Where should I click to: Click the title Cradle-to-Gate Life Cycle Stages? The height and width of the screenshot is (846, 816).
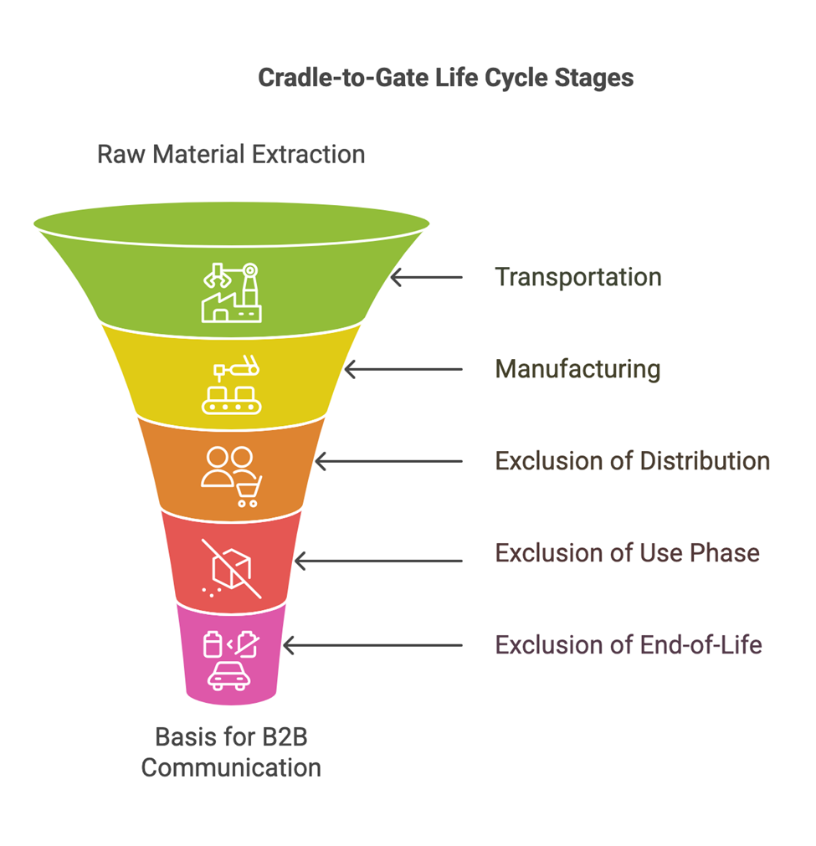click(445, 78)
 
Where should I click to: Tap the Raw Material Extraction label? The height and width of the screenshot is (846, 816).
click(231, 155)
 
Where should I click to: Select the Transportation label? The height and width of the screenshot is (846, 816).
click(577, 277)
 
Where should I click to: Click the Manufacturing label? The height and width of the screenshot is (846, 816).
click(577, 369)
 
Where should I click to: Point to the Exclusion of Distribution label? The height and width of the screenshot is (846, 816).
click(632, 461)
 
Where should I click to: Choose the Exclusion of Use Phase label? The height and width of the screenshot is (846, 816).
click(627, 553)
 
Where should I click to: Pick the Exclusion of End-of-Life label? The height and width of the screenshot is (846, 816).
click(629, 645)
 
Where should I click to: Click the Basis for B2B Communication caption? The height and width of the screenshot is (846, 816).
click(231, 752)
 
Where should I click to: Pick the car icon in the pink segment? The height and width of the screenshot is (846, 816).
click(229, 675)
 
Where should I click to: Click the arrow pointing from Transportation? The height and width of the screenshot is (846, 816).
click(426, 277)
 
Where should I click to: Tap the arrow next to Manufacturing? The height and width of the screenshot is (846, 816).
click(403, 369)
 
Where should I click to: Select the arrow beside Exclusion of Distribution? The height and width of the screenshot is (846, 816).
click(387, 461)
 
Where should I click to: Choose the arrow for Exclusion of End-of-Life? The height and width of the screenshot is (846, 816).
click(372, 645)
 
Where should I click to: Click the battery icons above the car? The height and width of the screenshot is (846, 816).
click(230, 644)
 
